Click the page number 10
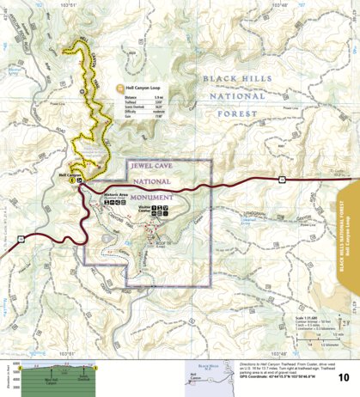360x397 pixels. click(x=343, y=376)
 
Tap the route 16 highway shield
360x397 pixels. click(x=280, y=178)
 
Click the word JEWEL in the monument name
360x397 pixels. click(x=145, y=167)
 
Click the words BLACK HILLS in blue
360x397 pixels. click(x=232, y=78)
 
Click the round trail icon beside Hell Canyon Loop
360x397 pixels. click(x=119, y=88)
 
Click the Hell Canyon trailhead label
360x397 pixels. click(x=69, y=174)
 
